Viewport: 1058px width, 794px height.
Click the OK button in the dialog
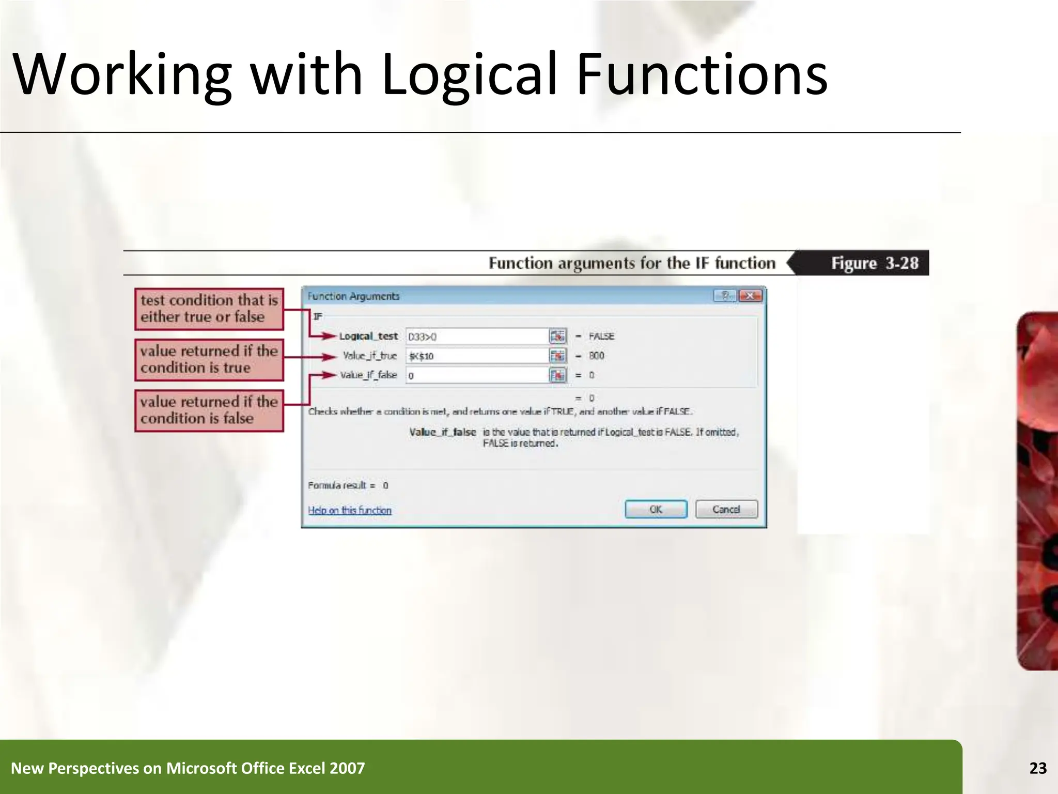click(x=656, y=509)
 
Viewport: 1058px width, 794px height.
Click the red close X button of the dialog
click(x=750, y=296)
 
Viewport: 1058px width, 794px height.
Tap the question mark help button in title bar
click(x=725, y=296)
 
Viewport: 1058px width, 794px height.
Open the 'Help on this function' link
click(x=350, y=510)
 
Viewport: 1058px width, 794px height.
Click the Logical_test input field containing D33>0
click(x=476, y=337)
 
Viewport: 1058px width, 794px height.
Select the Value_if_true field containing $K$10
click(x=476, y=356)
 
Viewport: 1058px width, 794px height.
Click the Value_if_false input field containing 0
click(x=476, y=375)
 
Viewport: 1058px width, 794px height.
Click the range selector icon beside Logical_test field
click(x=557, y=337)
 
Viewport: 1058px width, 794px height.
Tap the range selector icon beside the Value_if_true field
click(x=557, y=356)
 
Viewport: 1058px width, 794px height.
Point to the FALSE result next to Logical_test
click(x=601, y=337)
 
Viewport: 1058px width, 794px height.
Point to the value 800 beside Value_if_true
click(x=596, y=356)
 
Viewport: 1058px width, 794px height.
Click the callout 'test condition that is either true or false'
click(x=209, y=309)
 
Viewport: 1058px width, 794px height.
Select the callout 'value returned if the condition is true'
click(x=209, y=359)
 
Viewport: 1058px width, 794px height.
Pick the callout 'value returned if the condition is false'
click(x=209, y=410)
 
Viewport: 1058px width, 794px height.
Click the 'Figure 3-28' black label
click(x=874, y=263)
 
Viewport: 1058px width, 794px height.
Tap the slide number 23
click(x=1038, y=768)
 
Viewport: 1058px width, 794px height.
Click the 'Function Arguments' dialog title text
click(x=353, y=296)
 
